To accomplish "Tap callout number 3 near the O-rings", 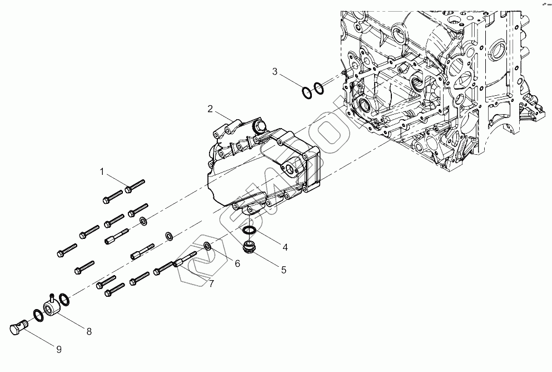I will [275, 71].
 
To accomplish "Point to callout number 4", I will [285, 247].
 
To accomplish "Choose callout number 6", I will [237, 263].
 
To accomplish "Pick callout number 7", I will [211, 285].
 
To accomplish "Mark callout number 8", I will [88, 332].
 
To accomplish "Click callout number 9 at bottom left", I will [58, 349].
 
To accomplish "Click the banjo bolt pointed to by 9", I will [19, 327].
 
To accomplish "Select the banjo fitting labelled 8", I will [51, 306].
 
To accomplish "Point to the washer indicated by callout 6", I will [207, 246].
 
